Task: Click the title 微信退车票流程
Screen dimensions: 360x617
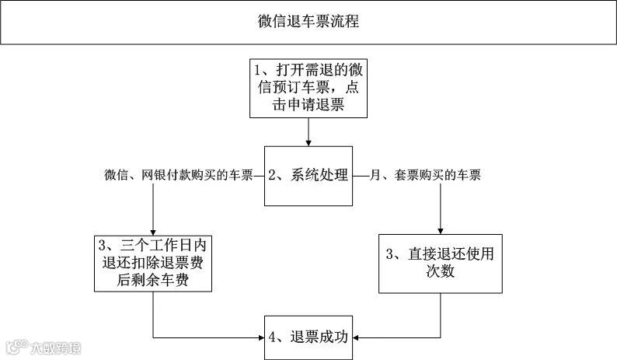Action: (x=308, y=22)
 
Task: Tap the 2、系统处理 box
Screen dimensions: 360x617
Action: (x=308, y=176)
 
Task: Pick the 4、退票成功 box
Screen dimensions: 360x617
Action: (x=308, y=337)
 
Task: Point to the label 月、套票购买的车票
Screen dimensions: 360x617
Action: (x=426, y=176)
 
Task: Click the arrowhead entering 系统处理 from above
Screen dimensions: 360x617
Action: (x=308, y=142)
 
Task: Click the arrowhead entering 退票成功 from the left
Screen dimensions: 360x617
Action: (x=260, y=337)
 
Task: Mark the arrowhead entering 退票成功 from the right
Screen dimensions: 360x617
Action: (x=357, y=337)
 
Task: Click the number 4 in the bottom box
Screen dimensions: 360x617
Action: (x=273, y=337)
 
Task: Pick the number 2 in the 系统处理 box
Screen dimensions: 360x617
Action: (x=273, y=176)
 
